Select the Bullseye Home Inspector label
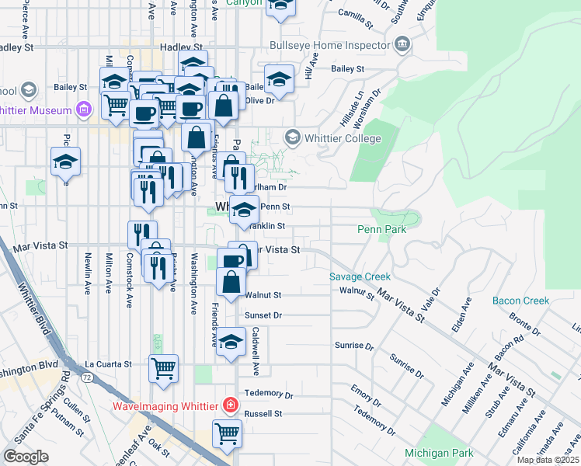click(x=329, y=46)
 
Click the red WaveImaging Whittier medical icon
click(x=230, y=405)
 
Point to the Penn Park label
click(x=382, y=230)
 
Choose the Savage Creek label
click(x=360, y=276)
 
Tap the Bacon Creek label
click(x=520, y=301)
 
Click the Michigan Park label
click(x=439, y=453)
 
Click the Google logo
click(x=26, y=456)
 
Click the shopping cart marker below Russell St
click(x=227, y=433)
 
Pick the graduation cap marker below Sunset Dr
click(x=231, y=343)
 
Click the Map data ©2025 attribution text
click(x=548, y=460)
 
